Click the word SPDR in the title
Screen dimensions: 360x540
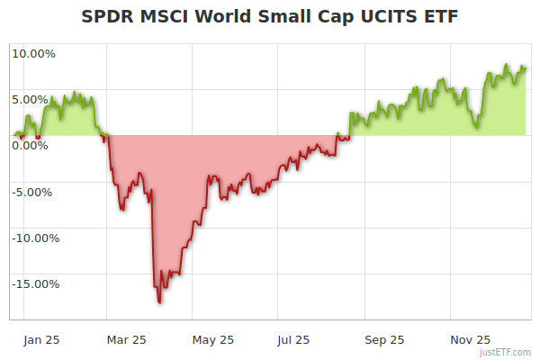[x=106, y=17]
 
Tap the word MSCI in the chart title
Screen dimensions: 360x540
[x=162, y=17]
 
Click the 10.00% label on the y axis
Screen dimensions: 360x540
[x=33, y=53]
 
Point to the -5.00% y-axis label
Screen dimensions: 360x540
[x=35, y=192]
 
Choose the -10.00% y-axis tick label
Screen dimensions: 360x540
[x=33, y=238]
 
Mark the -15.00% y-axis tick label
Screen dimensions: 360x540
[x=33, y=284]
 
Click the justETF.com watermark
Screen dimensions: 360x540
[x=506, y=352]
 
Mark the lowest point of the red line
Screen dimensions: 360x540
[x=159, y=302]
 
